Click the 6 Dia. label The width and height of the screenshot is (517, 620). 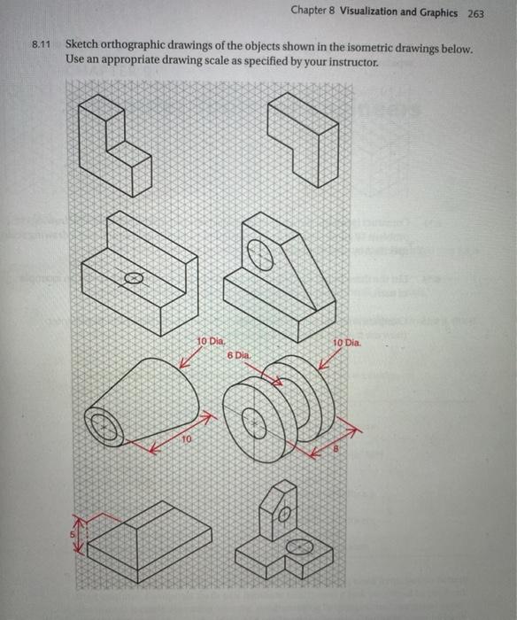[240, 353]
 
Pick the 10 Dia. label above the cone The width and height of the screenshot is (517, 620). [212, 340]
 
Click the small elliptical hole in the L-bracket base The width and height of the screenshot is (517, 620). [133, 277]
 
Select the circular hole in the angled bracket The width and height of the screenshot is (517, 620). [261, 256]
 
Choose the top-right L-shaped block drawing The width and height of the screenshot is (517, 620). [304, 138]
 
